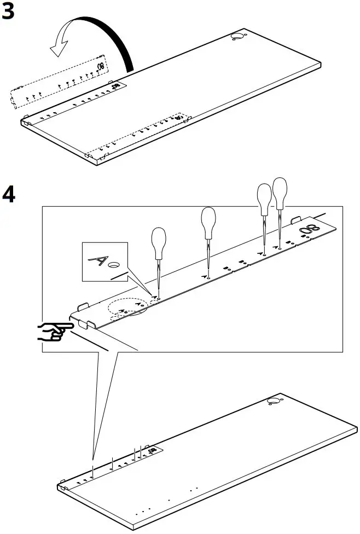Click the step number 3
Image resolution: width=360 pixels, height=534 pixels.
pos(9,12)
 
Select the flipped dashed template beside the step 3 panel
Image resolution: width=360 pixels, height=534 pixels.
pos(57,83)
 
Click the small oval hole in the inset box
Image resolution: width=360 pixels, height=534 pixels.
pos(113,265)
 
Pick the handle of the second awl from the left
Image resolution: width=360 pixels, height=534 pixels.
pos(208,220)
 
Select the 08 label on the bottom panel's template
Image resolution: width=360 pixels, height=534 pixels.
pos(153,450)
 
